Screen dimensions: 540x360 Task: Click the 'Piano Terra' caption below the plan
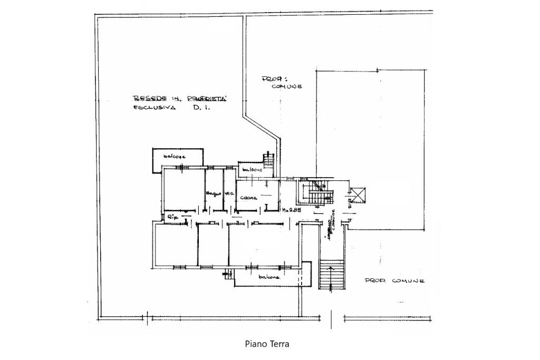tap(267, 344)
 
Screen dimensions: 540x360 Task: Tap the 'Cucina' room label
tap(248, 198)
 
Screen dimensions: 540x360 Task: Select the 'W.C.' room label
tap(229, 193)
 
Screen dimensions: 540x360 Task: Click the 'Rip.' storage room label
tap(171, 217)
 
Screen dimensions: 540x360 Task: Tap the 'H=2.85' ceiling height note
tap(291, 210)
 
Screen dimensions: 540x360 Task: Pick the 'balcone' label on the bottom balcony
tap(268, 277)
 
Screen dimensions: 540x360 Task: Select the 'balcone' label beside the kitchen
tap(252, 170)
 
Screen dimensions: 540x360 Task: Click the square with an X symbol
tap(358, 195)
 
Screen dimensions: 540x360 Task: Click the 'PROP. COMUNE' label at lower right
tap(395, 281)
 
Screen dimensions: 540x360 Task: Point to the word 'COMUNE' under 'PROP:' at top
tap(286, 86)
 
